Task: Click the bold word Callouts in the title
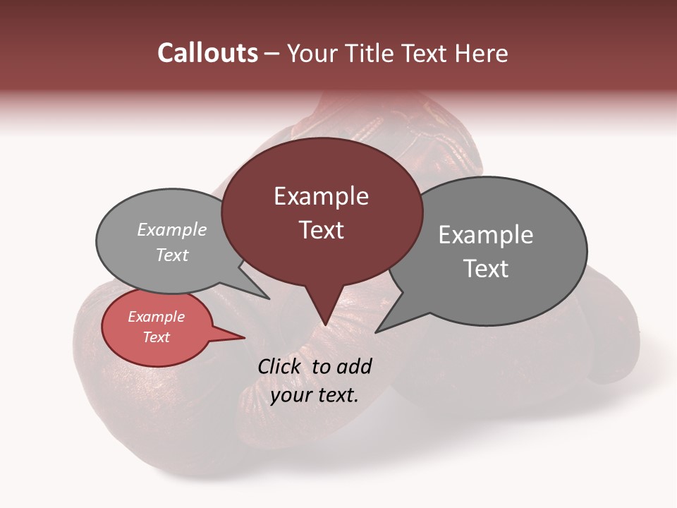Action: (207, 53)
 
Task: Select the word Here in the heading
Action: (482, 53)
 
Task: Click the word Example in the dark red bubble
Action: (321, 196)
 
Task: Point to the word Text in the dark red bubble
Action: (321, 230)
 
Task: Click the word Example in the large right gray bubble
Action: (485, 235)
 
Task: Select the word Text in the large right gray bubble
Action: (485, 269)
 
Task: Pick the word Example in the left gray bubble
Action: (171, 230)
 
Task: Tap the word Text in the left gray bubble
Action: (171, 255)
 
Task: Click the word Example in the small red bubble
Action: (156, 317)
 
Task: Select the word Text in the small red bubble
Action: (156, 337)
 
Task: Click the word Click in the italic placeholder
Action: (280, 366)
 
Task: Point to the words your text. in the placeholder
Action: (314, 395)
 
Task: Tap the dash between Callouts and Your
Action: (273, 53)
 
